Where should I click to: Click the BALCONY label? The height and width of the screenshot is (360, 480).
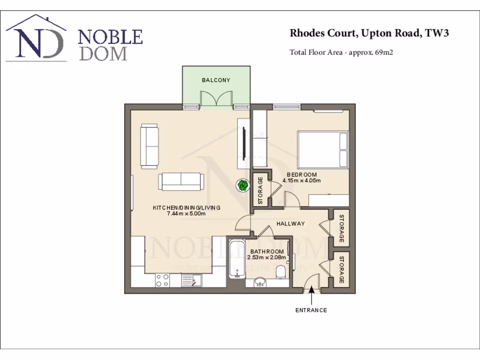tap(216, 80)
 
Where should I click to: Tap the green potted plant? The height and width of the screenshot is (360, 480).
tap(242, 185)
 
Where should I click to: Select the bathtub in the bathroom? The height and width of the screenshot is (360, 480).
tap(237, 259)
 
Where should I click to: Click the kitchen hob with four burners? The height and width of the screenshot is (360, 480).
tap(162, 280)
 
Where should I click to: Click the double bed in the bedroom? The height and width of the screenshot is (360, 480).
tap(322, 150)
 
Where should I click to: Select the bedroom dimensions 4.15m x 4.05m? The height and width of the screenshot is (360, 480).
tap(301, 180)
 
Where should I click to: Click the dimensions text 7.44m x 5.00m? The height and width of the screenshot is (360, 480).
tap(186, 214)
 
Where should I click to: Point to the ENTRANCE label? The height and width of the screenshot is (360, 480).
tap(311, 310)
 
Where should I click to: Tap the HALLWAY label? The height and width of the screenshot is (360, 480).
tap(290, 224)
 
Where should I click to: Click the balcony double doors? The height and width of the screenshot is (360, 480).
tap(216, 99)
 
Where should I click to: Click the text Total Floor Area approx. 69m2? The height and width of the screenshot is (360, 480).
tap(341, 52)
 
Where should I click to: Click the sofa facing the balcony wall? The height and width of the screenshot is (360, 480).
tap(180, 181)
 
